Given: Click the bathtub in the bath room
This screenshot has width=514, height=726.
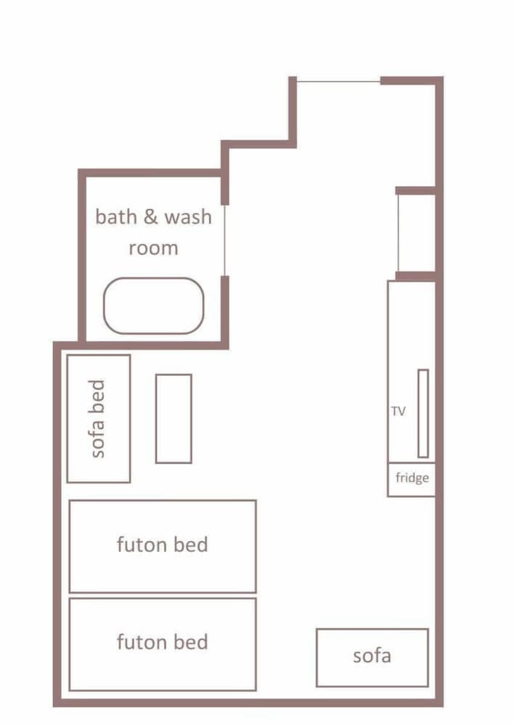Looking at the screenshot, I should (154, 306).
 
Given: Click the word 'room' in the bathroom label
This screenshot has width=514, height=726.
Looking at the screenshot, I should (153, 248).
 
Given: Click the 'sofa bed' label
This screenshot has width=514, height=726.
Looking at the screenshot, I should (99, 419).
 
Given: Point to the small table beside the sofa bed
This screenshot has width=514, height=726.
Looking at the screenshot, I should (174, 418).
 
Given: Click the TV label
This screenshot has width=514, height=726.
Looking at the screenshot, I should (398, 412).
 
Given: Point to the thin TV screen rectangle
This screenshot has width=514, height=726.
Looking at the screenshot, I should (423, 413).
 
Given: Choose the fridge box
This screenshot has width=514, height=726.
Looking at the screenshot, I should (412, 479).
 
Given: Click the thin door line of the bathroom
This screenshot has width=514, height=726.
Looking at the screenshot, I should (225, 240).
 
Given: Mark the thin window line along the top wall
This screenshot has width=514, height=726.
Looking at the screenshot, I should (338, 81).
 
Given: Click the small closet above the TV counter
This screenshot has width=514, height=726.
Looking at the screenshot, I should (417, 233).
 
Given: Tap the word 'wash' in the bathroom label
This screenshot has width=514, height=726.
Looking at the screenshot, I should (188, 217).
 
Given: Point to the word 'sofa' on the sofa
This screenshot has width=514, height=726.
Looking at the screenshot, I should (372, 656).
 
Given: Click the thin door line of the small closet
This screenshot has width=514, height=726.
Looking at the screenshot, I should (398, 233).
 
